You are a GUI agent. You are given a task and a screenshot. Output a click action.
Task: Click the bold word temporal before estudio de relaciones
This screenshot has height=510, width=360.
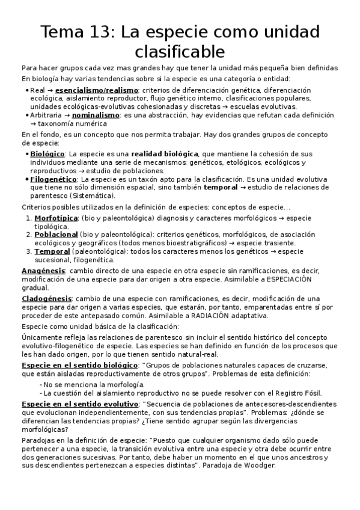click(221, 188)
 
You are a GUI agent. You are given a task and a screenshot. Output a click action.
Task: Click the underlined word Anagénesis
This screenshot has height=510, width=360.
click(43, 272)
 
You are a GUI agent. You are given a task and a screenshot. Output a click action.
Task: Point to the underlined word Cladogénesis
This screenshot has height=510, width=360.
click(47, 299)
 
